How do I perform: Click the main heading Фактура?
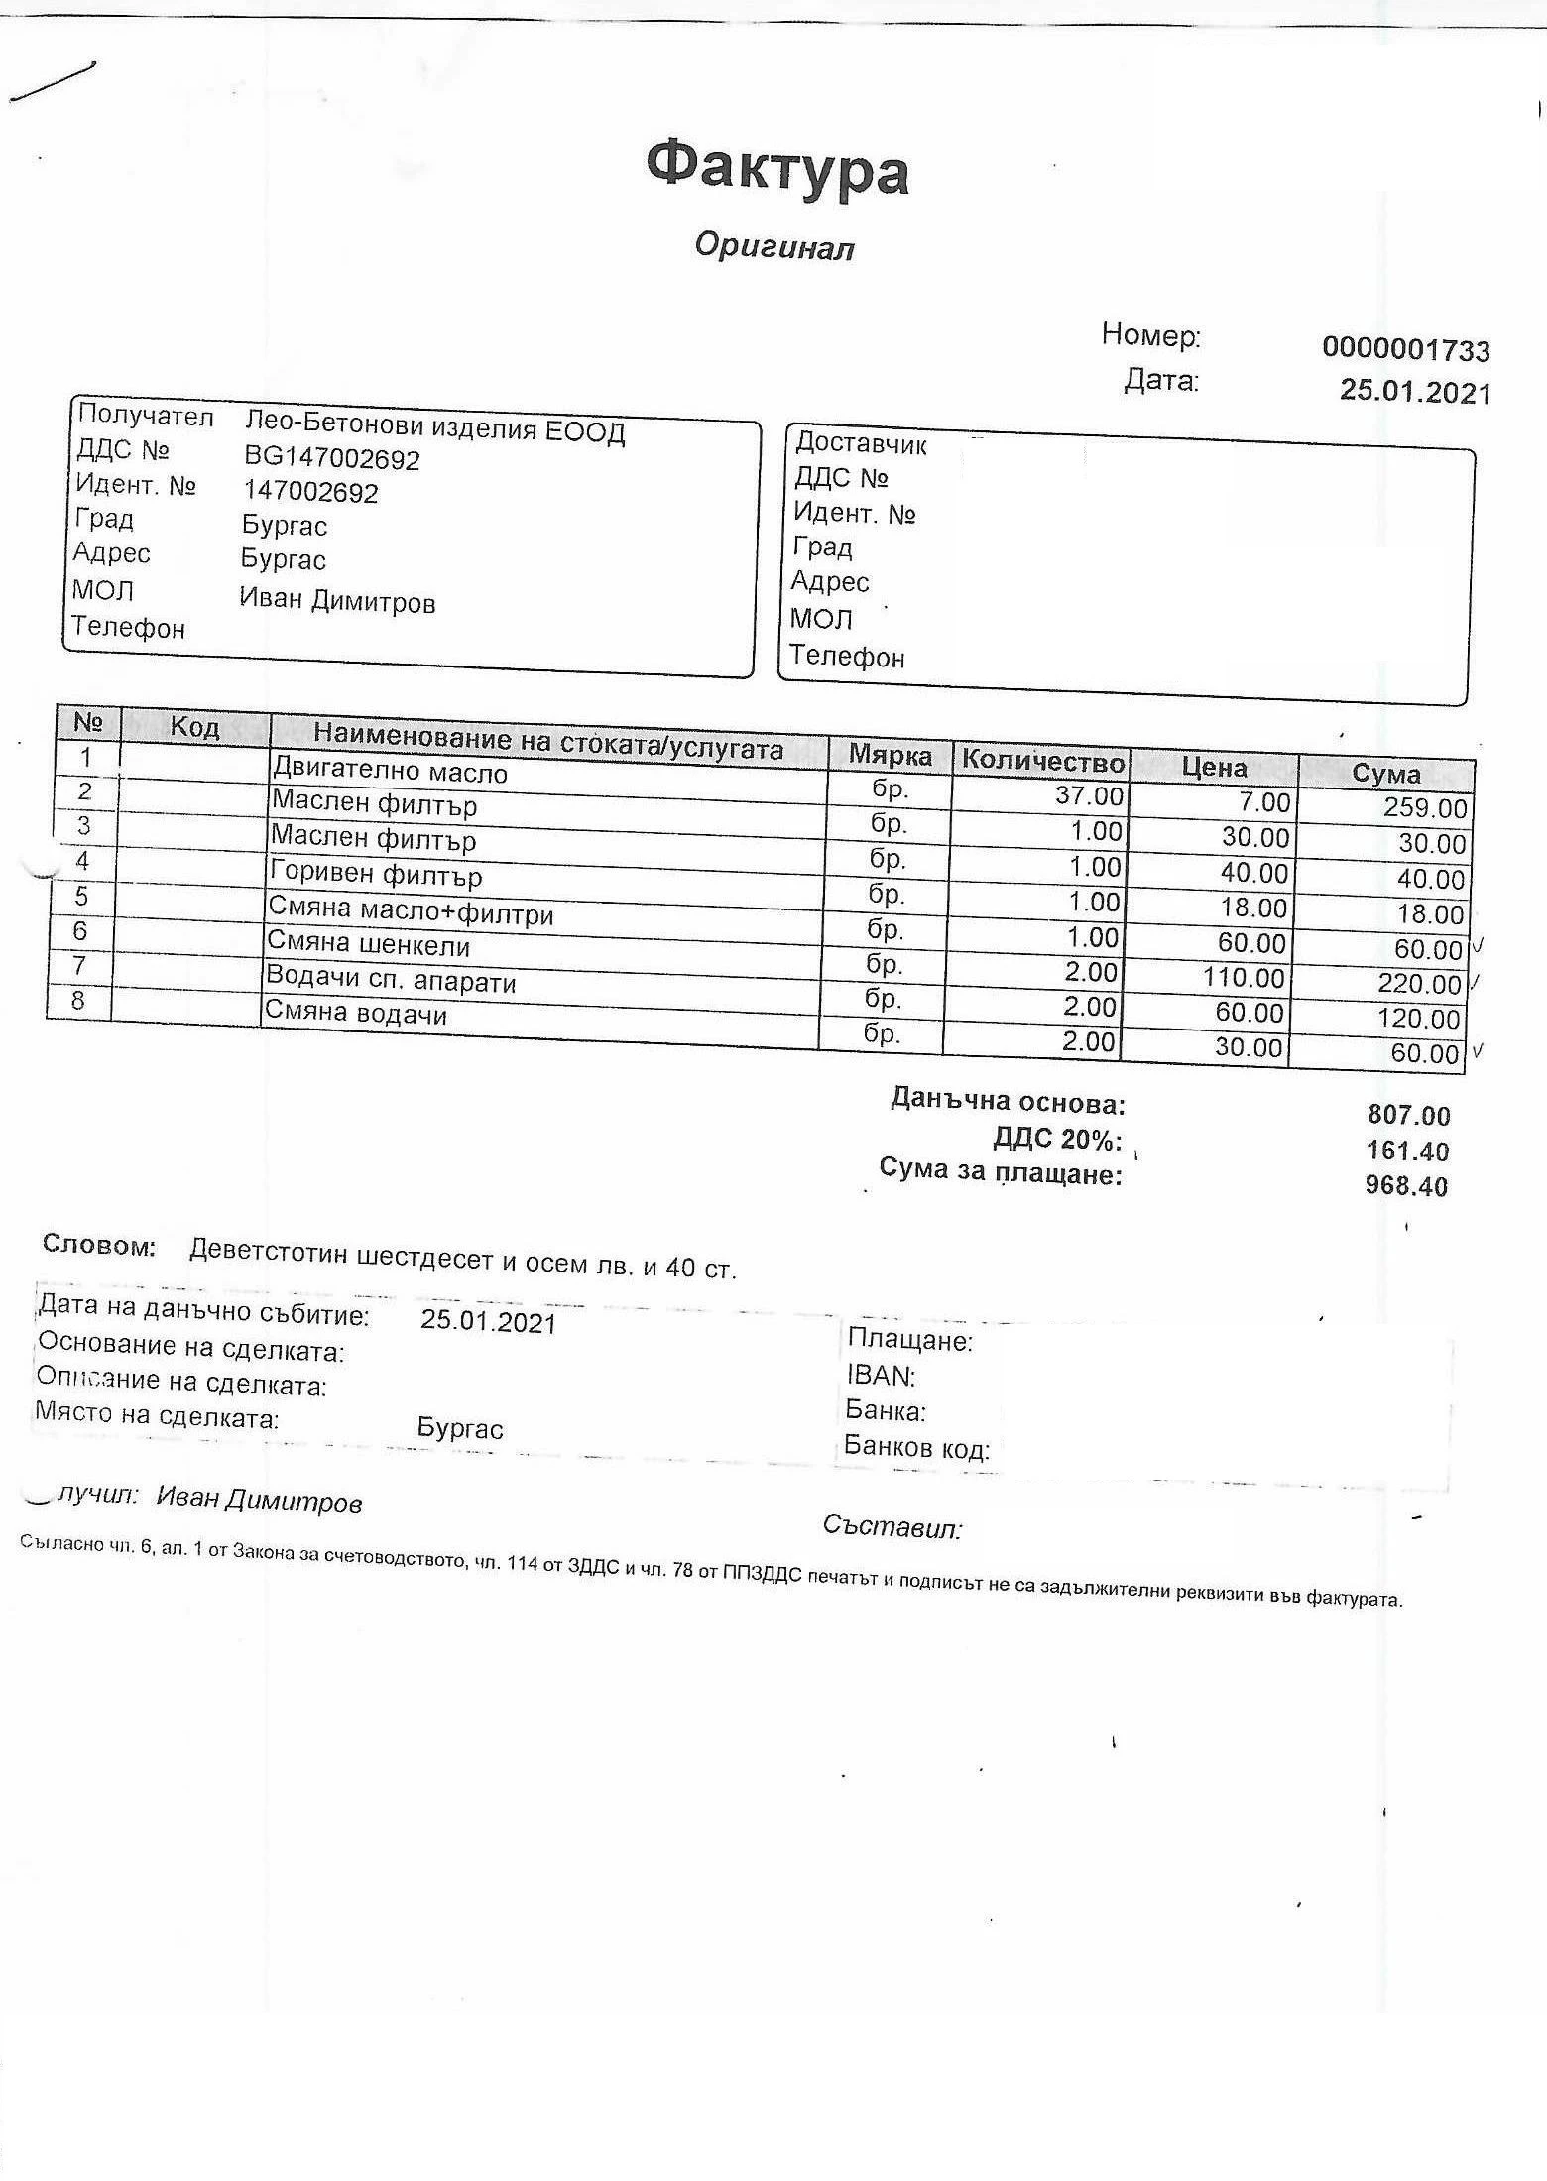tap(777, 170)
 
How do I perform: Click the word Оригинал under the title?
tap(773, 245)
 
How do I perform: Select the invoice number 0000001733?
tap(1405, 349)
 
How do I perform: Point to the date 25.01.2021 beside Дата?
tap(1415, 391)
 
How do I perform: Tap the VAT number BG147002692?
tap(331, 458)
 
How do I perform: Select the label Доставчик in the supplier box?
tap(860, 443)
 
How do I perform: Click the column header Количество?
tap(1043, 761)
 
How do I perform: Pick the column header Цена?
tap(1214, 766)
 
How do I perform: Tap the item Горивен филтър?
tap(376, 875)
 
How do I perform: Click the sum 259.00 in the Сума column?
tap(1425, 807)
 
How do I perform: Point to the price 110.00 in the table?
tap(1244, 978)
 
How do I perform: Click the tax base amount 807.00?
tap(1408, 1115)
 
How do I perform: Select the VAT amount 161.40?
tap(1408, 1151)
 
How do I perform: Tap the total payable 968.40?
tap(1406, 1185)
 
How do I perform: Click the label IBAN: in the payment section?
tap(881, 1376)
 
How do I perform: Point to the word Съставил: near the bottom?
tap(892, 1527)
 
